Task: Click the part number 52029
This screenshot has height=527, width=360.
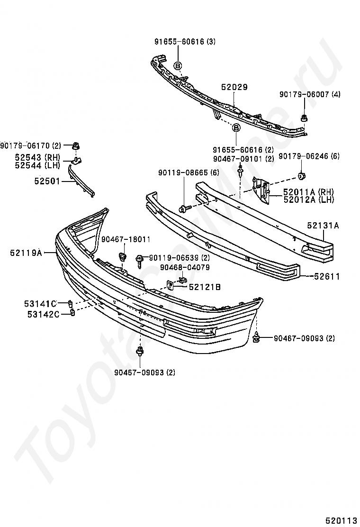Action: (234, 87)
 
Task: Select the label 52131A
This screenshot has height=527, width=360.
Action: (323, 226)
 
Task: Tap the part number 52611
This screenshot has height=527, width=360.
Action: (326, 276)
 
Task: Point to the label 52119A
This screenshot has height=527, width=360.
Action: (26, 253)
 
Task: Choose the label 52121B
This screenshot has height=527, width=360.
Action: (205, 287)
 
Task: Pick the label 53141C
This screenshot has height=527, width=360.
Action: (41, 303)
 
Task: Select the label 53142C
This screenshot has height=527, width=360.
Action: (41, 314)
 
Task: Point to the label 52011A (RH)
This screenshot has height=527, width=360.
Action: (308, 192)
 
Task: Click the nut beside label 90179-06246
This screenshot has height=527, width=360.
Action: (301, 177)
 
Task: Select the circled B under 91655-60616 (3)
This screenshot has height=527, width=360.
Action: (178, 65)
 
